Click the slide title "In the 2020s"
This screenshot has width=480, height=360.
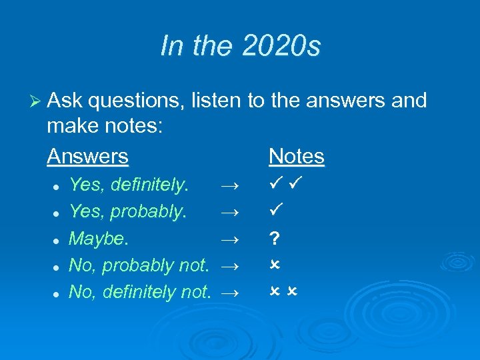pyautogui.click(x=240, y=47)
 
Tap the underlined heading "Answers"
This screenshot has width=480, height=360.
pyautogui.click(x=87, y=157)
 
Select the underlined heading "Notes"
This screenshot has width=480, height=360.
pyautogui.click(x=296, y=157)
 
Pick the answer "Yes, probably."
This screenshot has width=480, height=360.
pyautogui.click(x=127, y=211)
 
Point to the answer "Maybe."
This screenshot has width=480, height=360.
pyautogui.click(x=95, y=238)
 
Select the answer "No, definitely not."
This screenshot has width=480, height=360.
pyautogui.click(x=140, y=292)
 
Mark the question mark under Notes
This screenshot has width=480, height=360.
pyautogui.click(x=274, y=238)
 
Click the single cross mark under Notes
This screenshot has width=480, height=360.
pyautogui.click(x=274, y=265)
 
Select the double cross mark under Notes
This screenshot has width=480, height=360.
pyautogui.click(x=284, y=292)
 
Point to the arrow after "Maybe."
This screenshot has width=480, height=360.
pyautogui.click(x=228, y=239)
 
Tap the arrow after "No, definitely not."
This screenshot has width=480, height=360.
pyautogui.click(x=228, y=293)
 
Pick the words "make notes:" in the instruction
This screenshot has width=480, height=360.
pyautogui.click(x=103, y=128)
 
